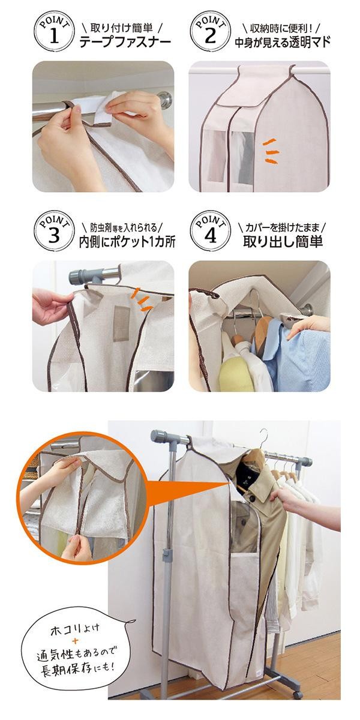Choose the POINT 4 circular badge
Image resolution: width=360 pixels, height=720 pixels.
click(211, 231)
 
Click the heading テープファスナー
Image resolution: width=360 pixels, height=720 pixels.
click(125, 42)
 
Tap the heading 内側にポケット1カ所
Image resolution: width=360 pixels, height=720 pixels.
click(127, 242)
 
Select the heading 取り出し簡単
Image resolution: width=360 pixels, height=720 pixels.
click(283, 241)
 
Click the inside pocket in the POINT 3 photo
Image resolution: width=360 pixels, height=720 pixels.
click(121, 323)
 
